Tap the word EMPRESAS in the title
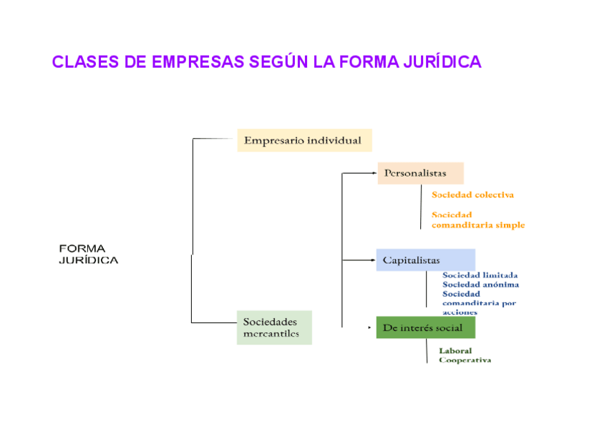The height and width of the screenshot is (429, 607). [x=198, y=62]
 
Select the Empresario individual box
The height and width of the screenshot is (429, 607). [x=304, y=140]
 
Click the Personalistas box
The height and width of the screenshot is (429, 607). [x=420, y=173]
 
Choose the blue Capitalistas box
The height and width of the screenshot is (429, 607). [x=425, y=260]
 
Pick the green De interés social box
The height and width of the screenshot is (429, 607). [x=425, y=328]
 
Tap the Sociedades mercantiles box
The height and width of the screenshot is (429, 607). [x=274, y=327]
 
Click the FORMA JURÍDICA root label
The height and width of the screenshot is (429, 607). [x=88, y=255]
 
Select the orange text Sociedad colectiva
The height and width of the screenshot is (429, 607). [x=472, y=194]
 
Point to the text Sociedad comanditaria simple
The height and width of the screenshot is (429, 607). [x=477, y=220]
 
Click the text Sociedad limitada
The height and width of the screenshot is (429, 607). [x=480, y=275]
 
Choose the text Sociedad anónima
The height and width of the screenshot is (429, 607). [x=481, y=284]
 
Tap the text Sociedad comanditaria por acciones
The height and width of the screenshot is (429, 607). [x=479, y=302]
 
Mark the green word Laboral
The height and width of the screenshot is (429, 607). [x=455, y=351]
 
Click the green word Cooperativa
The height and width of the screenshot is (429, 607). [x=465, y=360]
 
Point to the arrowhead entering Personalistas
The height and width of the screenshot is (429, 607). [x=374, y=173]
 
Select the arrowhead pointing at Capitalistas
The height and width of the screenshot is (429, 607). [x=373, y=260]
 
